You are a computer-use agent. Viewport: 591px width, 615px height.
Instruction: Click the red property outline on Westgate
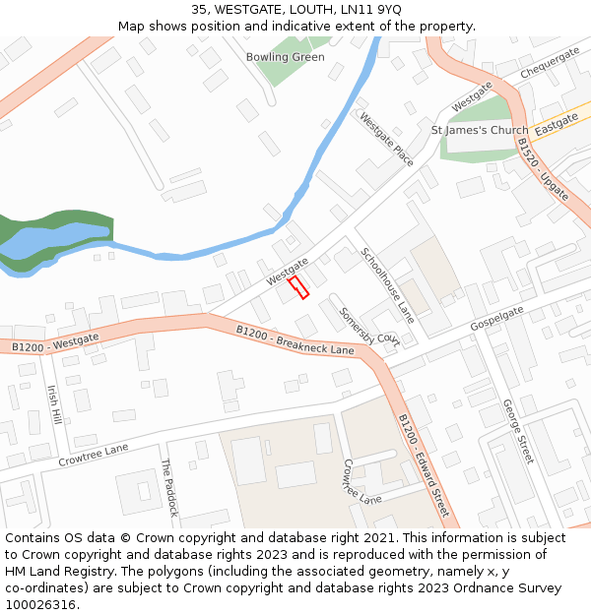pyautogui.click(x=298, y=287)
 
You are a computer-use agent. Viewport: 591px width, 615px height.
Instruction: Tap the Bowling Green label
pyautogui.click(x=285, y=57)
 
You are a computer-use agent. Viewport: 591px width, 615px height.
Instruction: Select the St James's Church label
pyautogui.click(x=480, y=130)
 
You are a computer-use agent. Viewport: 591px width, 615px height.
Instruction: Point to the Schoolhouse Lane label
pyautogui.click(x=388, y=285)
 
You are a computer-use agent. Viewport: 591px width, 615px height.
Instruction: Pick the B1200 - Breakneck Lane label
pyautogui.click(x=295, y=341)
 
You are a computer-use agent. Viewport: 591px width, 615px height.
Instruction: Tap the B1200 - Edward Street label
pyautogui.click(x=424, y=464)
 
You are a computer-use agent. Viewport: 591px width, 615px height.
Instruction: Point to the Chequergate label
pyautogui.click(x=550, y=61)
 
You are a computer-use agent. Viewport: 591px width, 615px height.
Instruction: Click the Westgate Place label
pyautogui.click(x=386, y=139)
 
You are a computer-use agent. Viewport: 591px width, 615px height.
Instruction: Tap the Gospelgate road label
pyautogui.click(x=496, y=318)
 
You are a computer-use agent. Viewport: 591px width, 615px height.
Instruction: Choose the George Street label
pyautogui.click(x=517, y=431)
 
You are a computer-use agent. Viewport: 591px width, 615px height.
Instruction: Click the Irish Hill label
pyautogui.click(x=54, y=404)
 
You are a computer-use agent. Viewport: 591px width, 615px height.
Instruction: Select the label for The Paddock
pyautogui.click(x=169, y=488)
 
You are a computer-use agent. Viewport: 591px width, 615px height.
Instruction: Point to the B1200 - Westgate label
pyautogui.click(x=55, y=343)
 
